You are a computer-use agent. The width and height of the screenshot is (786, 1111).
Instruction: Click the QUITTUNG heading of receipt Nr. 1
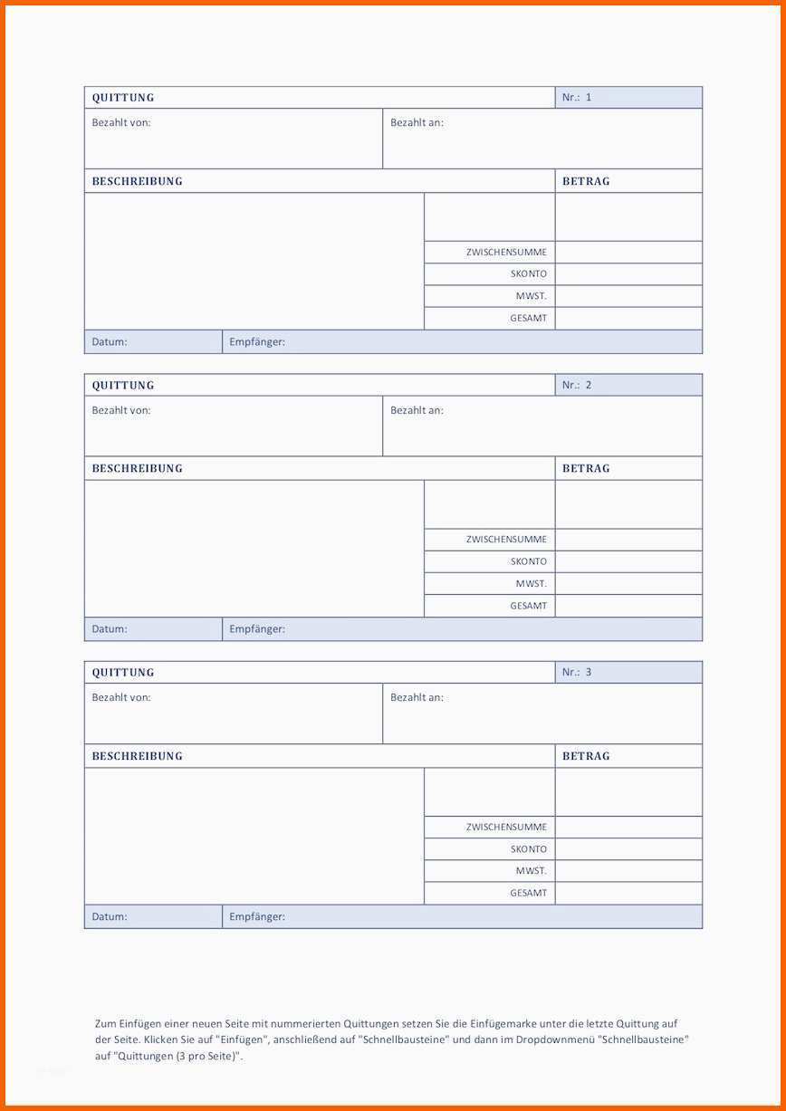point(123,98)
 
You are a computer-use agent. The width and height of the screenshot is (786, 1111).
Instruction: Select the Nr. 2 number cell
point(628,385)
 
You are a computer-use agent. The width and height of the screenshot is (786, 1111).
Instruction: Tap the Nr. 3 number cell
point(628,672)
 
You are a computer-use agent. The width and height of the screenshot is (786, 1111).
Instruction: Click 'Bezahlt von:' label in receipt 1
point(121,122)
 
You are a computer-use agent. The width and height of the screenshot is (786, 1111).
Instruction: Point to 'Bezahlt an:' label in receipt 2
point(417,410)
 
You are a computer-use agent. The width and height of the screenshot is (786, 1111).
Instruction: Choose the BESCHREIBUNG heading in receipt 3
point(137,756)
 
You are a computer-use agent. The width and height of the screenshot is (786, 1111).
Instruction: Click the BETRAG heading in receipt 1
point(586,181)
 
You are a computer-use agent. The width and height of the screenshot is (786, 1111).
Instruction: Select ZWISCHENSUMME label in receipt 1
point(506,252)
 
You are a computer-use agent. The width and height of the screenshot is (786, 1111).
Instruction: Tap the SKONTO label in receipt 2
point(528,561)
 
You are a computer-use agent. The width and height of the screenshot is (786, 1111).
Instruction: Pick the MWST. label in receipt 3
point(532,871)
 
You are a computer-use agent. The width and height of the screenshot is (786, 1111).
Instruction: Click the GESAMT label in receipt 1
point(528,318)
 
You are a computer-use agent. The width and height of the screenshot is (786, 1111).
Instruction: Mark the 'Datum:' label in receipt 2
point(110,629)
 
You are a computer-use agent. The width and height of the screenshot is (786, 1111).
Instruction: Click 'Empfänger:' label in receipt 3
point(257,916)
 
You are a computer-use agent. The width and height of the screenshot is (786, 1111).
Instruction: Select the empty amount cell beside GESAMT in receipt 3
point(628,893)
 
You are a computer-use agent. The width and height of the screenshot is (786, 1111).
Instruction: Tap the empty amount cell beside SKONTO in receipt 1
point(628,273)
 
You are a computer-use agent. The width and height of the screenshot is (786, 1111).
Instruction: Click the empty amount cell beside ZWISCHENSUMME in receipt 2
point(628,539)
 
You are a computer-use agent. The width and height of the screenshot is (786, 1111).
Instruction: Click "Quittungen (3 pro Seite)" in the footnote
point(177,1056)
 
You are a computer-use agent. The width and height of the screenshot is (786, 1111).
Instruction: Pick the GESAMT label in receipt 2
point(528,606)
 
